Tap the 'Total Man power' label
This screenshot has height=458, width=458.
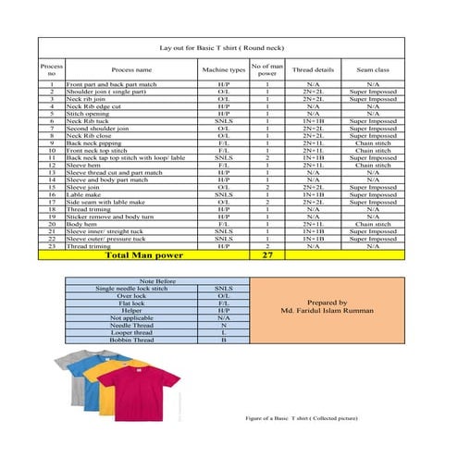pos(143,254)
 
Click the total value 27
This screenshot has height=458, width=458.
pos(267,254)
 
